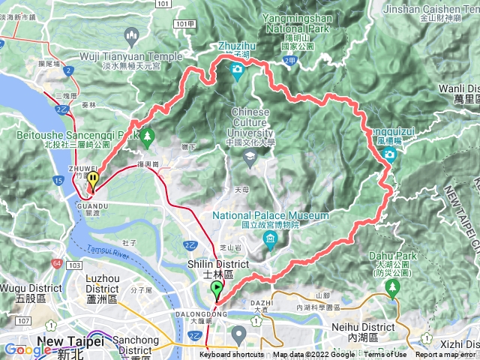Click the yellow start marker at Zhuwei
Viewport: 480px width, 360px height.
coord(93,180)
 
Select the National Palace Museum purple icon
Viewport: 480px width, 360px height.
coord(270,239)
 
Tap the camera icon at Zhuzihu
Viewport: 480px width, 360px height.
coord(238,71)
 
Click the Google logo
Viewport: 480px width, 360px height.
coord(27,349)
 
